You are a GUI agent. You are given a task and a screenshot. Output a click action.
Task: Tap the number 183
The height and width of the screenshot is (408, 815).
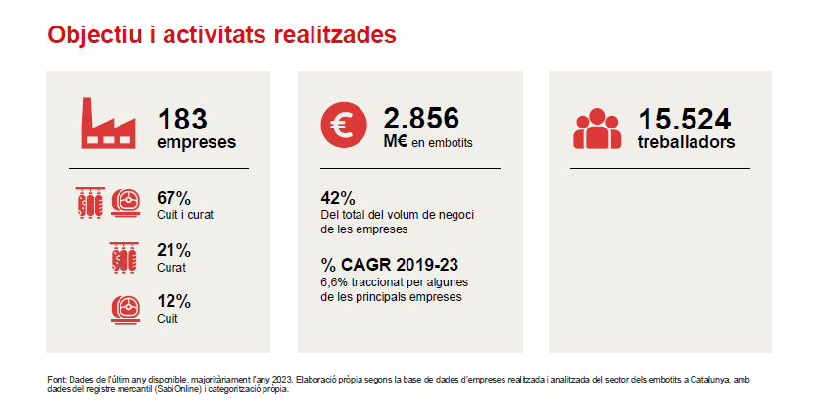coord(182,120)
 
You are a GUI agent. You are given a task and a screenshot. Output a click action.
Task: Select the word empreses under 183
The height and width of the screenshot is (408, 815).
coord(197,142)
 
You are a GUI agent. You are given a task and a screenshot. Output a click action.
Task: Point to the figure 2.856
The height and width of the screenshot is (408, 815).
coord(421,119)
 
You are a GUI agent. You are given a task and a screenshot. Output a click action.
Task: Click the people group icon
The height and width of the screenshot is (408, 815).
coord(598,128)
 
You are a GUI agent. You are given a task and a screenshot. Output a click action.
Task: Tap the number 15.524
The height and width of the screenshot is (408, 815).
coord(685,120)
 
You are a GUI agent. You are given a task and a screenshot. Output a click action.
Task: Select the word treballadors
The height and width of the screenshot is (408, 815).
coord(686,142)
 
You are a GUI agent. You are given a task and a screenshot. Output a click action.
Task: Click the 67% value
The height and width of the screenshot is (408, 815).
coord(174,198)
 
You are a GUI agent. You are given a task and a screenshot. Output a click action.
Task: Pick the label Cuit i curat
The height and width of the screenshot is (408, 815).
coord(185,215)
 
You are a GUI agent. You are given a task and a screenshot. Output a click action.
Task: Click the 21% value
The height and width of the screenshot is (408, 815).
coord(174,251)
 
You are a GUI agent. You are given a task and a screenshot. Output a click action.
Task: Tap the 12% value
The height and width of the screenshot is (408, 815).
coord(174,302)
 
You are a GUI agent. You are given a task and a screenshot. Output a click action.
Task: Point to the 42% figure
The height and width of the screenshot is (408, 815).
coord(338,198)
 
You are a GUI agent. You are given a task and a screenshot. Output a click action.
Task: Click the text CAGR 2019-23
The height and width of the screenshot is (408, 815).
coord(400,265)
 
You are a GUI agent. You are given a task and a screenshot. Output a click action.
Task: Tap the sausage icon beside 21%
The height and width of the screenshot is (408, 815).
coord(124,258)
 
